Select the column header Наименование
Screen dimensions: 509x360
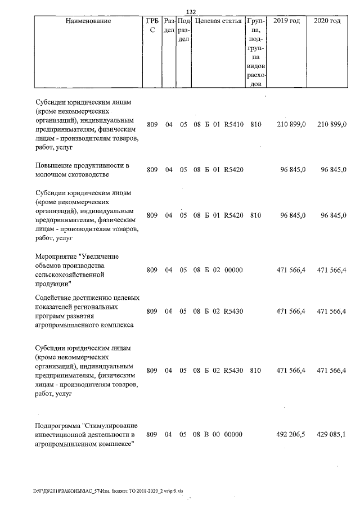(84, 21)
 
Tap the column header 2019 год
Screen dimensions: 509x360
(286, 21)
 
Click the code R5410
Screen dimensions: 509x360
(233, 124)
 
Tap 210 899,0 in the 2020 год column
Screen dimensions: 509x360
(332, 124)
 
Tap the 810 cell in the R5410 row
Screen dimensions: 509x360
(256, 124)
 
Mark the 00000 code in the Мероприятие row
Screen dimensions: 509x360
(233, 271)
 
